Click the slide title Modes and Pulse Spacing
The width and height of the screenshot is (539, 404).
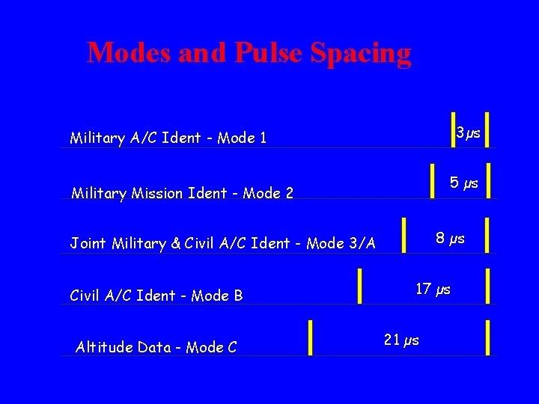(249, 53)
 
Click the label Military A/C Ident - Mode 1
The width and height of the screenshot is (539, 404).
(168, 138)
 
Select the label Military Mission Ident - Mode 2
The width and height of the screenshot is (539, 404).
(182, 193)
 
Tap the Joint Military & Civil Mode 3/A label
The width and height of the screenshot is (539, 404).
(222, 242)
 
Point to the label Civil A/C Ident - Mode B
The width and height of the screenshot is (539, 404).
(156, 296)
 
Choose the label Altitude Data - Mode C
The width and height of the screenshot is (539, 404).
(156, 347)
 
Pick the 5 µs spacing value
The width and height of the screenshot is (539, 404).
(464, 183)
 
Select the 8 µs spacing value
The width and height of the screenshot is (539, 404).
(450, 239)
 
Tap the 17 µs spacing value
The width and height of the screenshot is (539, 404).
(433, 289)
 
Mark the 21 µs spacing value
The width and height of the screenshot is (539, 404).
(401, 340)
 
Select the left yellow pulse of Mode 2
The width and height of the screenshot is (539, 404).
(433, 181)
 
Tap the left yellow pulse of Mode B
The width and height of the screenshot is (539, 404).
(360, 285)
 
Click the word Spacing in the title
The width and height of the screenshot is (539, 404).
(360, 53)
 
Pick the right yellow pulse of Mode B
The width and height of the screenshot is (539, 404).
(488, 285)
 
